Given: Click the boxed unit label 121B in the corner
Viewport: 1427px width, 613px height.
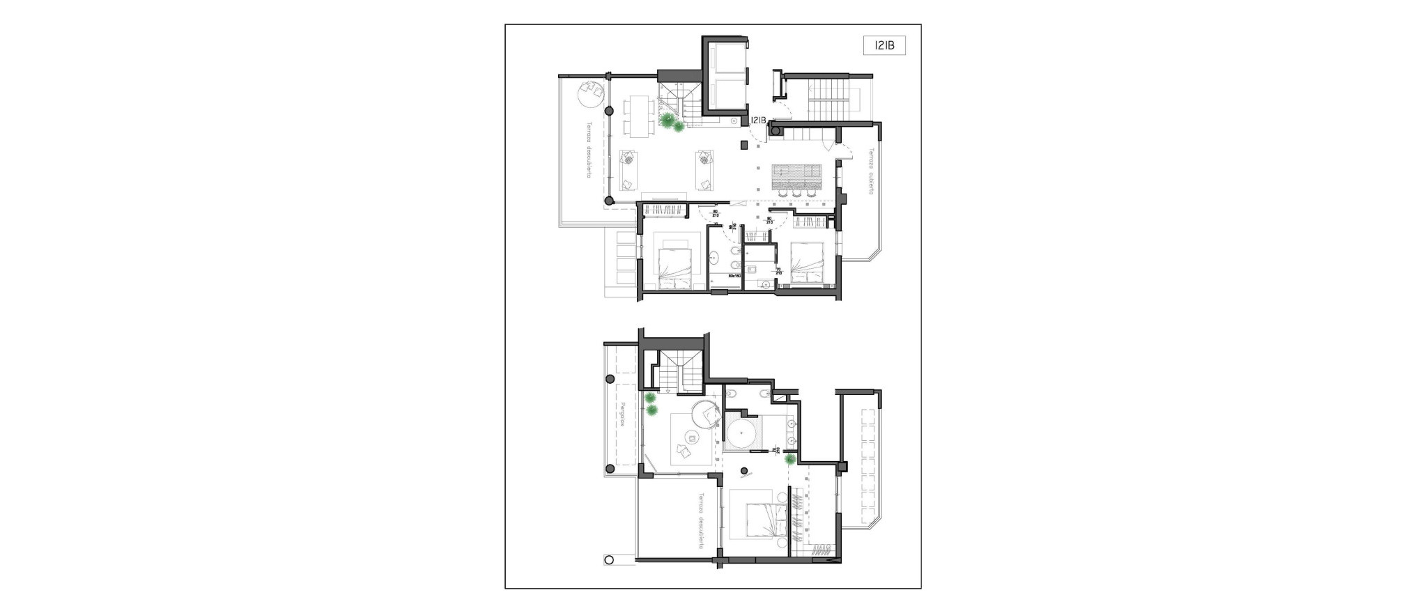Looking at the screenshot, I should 884,46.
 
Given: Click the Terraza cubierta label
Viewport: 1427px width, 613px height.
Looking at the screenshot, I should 870,171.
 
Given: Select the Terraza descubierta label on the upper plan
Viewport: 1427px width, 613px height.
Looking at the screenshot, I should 589,161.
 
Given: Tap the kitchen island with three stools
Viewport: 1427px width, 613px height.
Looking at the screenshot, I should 797,178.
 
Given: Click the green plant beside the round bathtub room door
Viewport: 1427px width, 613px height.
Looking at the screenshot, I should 789,460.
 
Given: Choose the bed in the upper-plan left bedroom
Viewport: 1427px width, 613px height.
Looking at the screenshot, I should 190,268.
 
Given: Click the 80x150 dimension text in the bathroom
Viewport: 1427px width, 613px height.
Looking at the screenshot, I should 734,277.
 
